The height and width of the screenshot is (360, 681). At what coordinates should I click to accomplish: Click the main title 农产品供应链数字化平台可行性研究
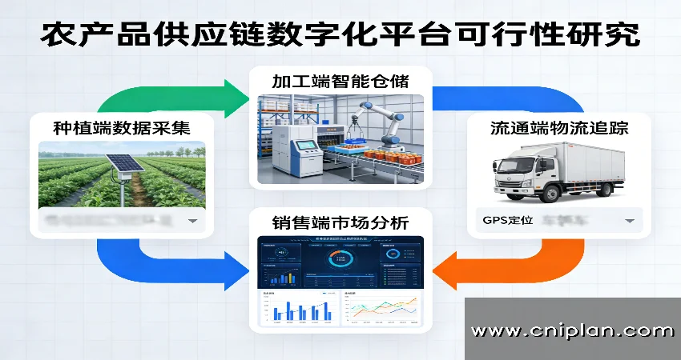tap(340, 34)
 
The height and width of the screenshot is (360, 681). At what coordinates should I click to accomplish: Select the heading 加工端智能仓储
tap(340, 81)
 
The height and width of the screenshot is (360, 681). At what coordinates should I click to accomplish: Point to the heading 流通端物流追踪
tap(558, 129)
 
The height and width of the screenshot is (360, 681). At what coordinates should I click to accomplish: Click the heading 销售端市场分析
tap(340, 223)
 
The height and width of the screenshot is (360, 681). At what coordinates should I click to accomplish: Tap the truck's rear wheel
tap(598, 193)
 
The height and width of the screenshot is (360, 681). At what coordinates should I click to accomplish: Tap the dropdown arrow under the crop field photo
tap(192, 220)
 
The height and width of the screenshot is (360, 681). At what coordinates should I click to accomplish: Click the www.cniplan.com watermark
tap(572, 330)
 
